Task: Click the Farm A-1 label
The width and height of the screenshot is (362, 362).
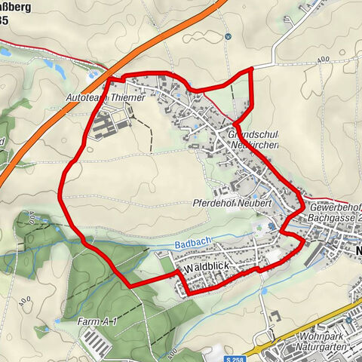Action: (98, 322)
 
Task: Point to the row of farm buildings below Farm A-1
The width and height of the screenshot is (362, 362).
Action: (98, 342)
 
